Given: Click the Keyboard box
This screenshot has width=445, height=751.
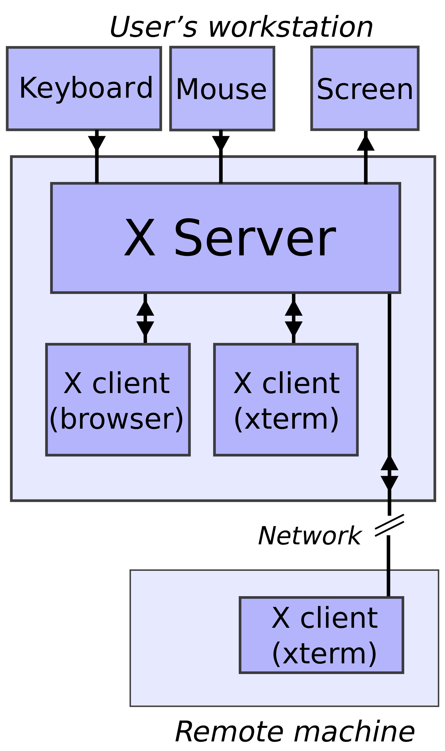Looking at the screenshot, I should tap(84, 89).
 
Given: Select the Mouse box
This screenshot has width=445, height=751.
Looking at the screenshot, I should tap(222, 89).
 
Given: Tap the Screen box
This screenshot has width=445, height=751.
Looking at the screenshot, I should tap(365, 89).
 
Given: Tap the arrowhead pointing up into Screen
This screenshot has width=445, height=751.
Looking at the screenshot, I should tap(366, 143).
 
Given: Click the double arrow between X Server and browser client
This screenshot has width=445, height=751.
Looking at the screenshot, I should tap(145, 318).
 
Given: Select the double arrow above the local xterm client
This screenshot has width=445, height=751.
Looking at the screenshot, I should tap(293, 318).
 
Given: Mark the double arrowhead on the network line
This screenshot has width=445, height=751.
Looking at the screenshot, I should tap(389, 473).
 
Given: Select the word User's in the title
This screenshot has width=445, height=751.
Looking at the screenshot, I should tap(153, 27).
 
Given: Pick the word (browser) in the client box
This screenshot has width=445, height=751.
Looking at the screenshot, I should tap(116, 419).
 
